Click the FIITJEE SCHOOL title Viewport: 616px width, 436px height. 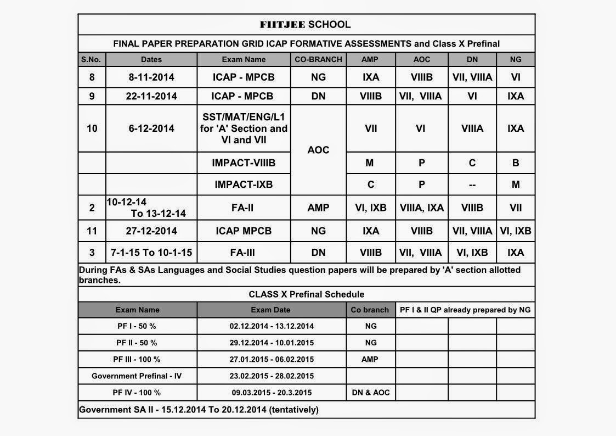point(305,24)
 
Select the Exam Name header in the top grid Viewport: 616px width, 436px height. point(244,59)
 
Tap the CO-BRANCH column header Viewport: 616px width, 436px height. point(318,59)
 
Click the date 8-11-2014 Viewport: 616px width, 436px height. point(151,77)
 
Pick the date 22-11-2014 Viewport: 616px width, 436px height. point(151,96)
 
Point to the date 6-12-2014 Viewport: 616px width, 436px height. point(151,128)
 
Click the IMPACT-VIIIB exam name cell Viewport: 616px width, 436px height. point(244,163)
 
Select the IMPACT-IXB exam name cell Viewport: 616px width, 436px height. point(244,185)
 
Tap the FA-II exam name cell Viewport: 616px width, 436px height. point(244,208)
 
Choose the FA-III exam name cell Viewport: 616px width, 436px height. point(244,253)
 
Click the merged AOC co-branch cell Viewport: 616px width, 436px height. point(318,150)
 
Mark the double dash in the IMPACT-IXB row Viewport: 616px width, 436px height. point(472,185)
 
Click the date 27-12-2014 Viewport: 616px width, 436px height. point(151,231)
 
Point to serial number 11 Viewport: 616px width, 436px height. point(92,231)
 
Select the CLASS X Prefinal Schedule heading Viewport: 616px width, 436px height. point(306,294)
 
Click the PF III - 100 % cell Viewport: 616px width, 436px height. point(137,359)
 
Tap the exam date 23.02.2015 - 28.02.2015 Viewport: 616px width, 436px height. point(272,376)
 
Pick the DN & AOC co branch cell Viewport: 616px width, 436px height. point(370,393)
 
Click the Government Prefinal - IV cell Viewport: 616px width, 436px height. point(137,376)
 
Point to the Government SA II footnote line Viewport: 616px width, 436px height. point(199,410)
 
